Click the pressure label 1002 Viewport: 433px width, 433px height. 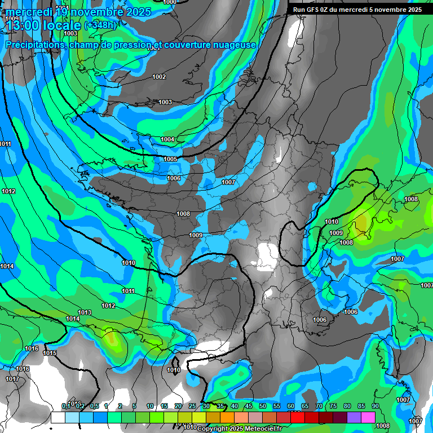pyautogui.click(x=159, y=77)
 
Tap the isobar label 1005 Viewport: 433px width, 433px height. pyautogui.click(x=170, y=160)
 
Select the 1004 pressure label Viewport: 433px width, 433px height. pyautogui.click(x=167, y=139)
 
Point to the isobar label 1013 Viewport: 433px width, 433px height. pyautogui.click(x=85, y=312)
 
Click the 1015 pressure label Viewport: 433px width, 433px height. pyautogui.click(x=50, y=354)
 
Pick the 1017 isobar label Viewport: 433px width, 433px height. pyautogui.click(x=12, y=379)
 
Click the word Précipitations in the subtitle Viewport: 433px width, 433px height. pyautogui.click(x=33, y=45)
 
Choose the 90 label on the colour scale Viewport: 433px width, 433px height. pyautogui.click(x=375, y=407)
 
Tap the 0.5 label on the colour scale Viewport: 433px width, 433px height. pyautogui.click(x=94, y=407)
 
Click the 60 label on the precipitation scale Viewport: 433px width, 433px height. pyautogui.click(x=290, y=407)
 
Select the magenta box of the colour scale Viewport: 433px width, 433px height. pyautogui.click(x=368, y=417)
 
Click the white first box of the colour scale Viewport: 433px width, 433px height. pyautogui.click(x=58, y=417)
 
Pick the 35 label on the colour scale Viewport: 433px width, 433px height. pyautogui.click(x=206, y=407)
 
